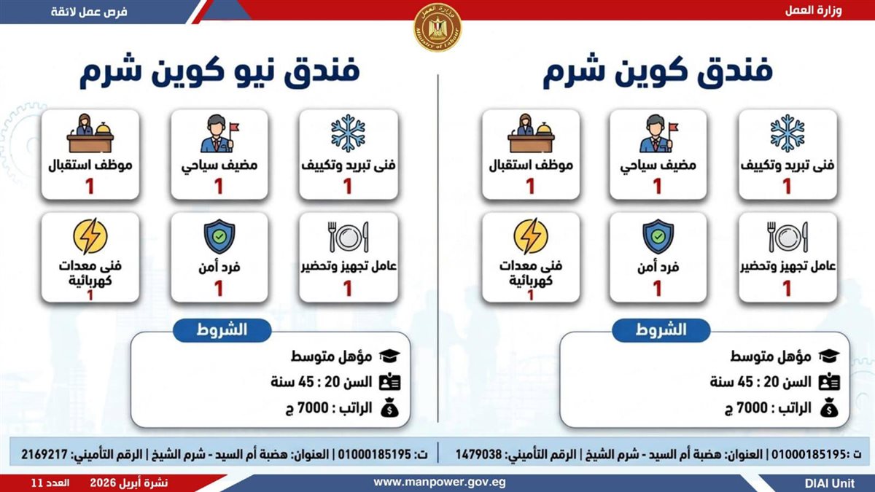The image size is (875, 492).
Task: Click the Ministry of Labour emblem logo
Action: [437, 27]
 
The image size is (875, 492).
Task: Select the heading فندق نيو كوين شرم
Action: [219, 72]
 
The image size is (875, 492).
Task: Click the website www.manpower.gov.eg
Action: [440, 483]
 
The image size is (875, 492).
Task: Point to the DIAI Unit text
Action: [830, 483]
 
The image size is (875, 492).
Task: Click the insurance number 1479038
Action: [478, 455]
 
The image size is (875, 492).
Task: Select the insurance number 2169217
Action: [44, 455]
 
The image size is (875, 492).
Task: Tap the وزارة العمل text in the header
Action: [814, 11]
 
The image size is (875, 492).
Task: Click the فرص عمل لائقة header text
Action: [89, 12]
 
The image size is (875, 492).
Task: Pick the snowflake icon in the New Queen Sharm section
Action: [348, 133]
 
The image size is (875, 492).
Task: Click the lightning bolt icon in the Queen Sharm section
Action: [531, 236]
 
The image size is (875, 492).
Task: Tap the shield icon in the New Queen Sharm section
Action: [219, 237]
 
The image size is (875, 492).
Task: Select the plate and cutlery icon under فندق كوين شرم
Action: [787, 237]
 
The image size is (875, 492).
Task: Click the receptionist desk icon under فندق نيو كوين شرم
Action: [90, 133]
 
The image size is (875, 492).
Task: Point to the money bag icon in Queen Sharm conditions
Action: [829, 407]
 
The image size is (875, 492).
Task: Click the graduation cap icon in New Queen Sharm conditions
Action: [389, 356]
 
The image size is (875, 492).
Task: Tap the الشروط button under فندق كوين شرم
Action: [661, 330]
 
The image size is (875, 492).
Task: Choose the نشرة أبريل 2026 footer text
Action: [129, 483]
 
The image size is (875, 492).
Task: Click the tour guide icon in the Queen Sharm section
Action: [658, 133]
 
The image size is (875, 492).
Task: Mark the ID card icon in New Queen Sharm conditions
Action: [390, 382]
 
